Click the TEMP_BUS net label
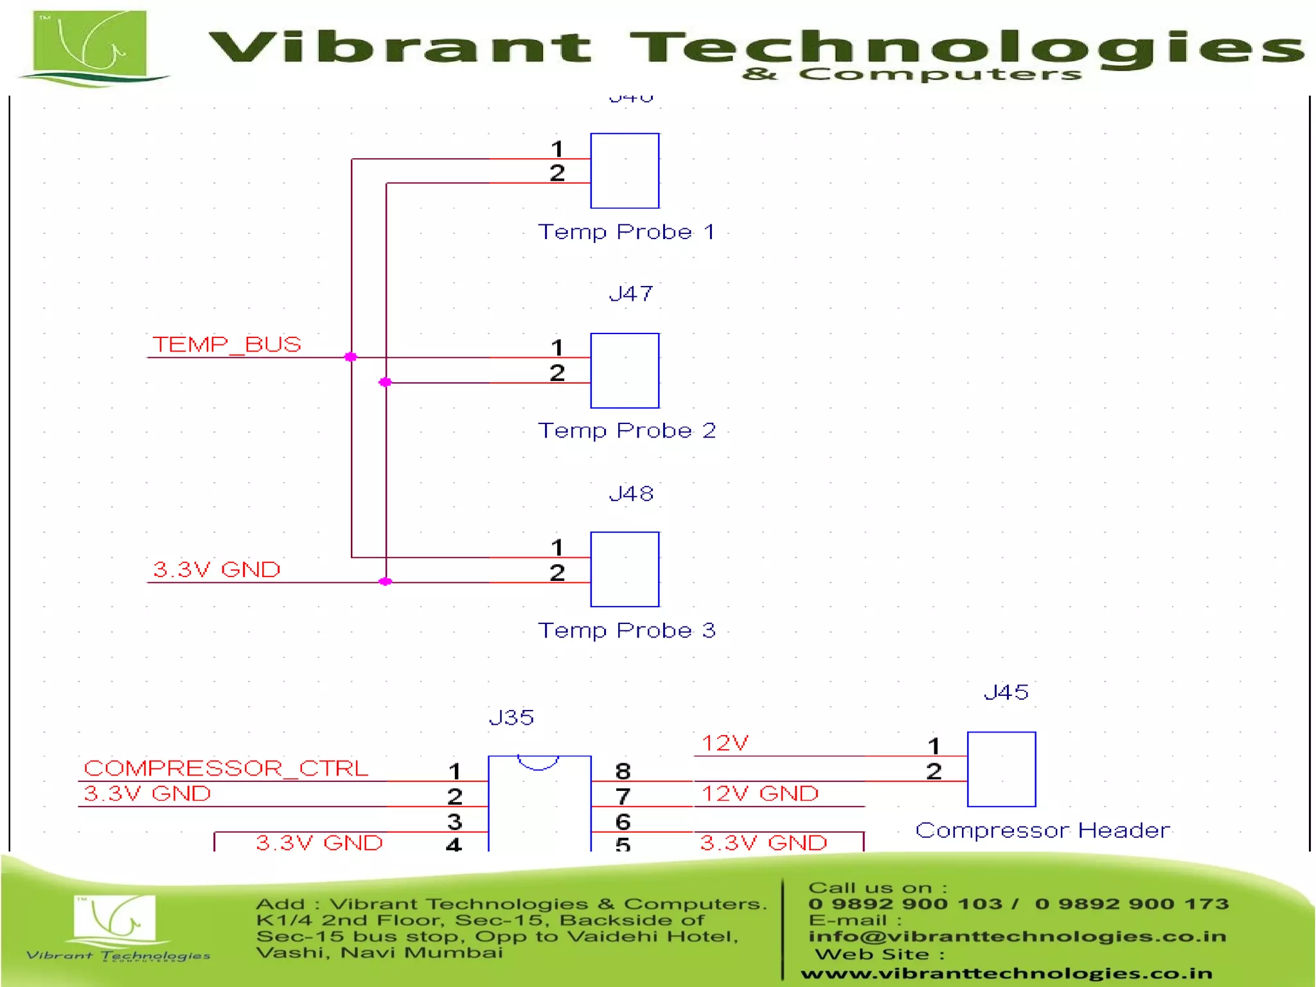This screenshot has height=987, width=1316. tap(226, 344)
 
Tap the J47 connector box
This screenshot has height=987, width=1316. tap(625, 371)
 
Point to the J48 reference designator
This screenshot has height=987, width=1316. tap(631, 493)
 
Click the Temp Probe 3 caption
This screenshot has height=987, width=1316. tap(627, 630)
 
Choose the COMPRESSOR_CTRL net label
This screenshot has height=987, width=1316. tap(226, 768)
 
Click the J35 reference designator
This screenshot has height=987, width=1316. tap(511, 717)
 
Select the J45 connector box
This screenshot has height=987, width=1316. tap(1001, 769)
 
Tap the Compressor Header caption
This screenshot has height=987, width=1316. tap(1042, 830)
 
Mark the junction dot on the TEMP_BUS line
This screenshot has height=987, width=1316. tap(351, 357)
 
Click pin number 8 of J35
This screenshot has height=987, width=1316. tap(623, 771)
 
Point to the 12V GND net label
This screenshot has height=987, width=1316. tap(760, 794)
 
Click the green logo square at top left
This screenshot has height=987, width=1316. tap(90, 44)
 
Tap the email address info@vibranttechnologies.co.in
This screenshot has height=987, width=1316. tap(1017, 936)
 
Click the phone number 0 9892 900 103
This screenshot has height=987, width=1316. tap(905, 904)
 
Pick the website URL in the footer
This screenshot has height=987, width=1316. tap(1006, 974)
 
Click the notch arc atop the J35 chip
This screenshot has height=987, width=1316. tap(538, 763)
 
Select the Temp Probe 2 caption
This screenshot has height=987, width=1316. tap(627, 431)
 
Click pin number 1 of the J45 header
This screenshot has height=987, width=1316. tap(934, 746)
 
